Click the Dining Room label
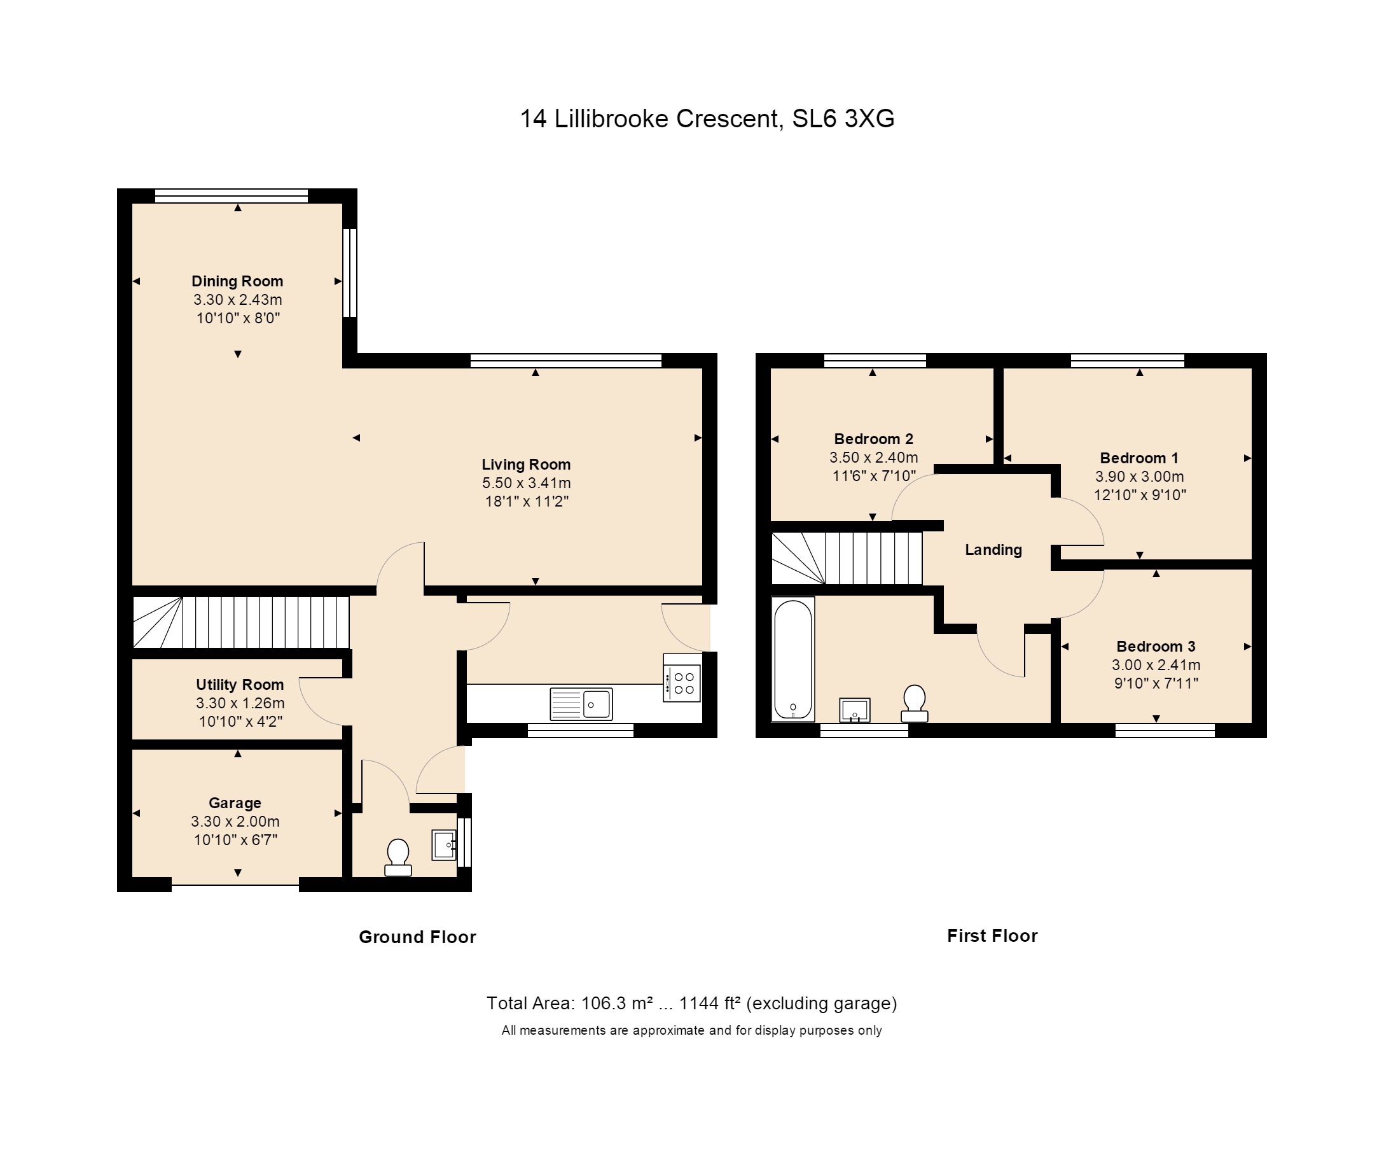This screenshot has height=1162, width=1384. [237, 281]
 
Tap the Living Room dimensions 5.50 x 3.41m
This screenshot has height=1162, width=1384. [526, 483]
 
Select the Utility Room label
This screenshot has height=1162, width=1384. [240, 685]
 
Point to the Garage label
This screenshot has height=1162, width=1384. [235, 802]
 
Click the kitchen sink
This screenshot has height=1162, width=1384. [581, 704]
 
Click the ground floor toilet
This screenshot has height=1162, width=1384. [398, 857]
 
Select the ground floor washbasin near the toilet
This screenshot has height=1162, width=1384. [444, 845]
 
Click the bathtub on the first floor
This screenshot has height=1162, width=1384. [793, 659]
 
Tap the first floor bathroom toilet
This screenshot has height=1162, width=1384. [915, 704]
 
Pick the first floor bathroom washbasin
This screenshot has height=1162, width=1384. [855, 710]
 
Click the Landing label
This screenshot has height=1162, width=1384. [993, 550]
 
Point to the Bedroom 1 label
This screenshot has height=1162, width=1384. [1139, 458]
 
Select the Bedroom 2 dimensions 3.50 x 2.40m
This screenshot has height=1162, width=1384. [873, 458]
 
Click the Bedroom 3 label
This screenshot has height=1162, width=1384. [1156, 647]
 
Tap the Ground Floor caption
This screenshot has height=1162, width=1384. [417, 937]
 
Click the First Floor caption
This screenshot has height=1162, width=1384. [993, 936]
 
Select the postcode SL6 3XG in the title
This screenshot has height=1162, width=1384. [843, 119]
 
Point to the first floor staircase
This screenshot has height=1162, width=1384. [847, 558]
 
